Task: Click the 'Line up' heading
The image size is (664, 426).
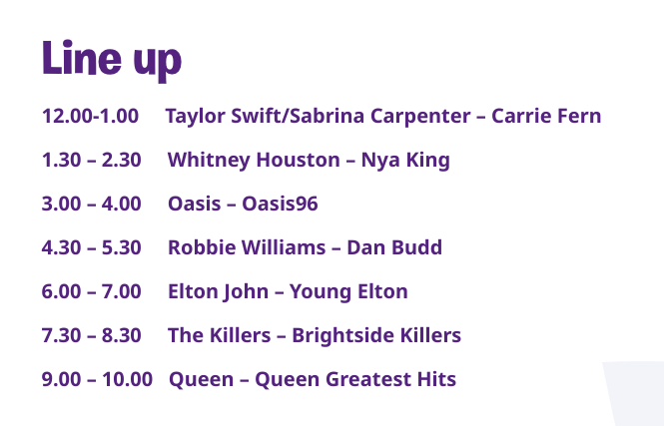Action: [112, 60]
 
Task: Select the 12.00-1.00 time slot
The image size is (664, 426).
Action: [90, 116]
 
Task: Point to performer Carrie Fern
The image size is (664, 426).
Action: [546, 116]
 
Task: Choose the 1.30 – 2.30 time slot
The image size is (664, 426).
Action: [92, 160]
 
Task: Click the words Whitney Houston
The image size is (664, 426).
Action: [254, 161]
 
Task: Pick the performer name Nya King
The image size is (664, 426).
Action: [405, 161]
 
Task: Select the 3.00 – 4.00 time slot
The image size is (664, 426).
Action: [92, 204]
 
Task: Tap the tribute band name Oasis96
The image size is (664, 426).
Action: [280, 204]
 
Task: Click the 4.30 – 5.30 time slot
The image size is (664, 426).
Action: [92, 247]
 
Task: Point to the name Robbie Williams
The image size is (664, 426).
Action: [247, 247]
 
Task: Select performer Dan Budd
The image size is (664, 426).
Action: [394, 247]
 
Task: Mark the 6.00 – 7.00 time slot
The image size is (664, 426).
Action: [92, 292]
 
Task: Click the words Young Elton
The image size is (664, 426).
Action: [348, 292]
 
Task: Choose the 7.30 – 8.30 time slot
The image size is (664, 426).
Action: [92, 336]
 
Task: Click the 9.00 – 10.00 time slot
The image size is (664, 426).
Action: [97, 380]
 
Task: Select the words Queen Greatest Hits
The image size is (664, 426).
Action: [355, 380]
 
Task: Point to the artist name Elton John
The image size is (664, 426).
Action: [218, 292]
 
